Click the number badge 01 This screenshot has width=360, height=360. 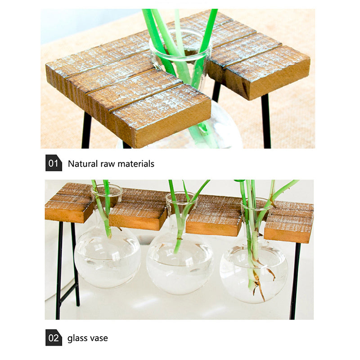coord(54,163)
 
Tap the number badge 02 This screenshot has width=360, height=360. coord(54,337)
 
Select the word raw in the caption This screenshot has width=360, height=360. coord(108,164)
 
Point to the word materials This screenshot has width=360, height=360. coord(136,164)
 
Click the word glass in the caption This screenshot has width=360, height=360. coord(75,338)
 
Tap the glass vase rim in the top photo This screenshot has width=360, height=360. coord(181,45)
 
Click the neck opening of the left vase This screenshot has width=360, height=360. coord(107,190)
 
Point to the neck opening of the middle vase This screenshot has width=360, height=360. coord(182,198)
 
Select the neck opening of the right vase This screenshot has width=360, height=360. coord(256,204)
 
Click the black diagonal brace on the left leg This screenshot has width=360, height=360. coord(68,293)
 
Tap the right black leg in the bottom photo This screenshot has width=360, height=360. coord(295,280)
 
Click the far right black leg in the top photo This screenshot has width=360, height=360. coord(266,121)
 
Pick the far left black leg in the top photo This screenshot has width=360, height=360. coord(86,130)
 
